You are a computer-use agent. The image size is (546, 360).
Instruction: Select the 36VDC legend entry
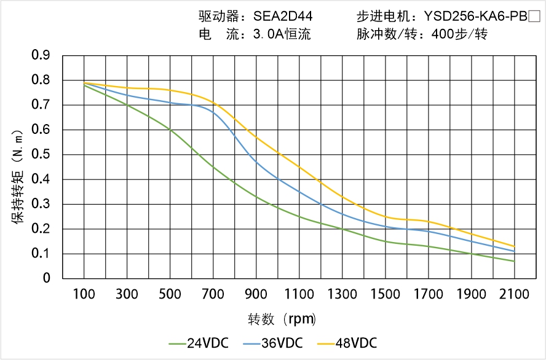[x=281, y=343]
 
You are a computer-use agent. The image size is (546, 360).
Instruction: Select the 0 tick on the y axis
[x=47, y=278]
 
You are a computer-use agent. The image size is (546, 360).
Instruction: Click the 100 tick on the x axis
[x=84, y=294]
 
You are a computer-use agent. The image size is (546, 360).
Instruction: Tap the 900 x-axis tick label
[x=256, y=294]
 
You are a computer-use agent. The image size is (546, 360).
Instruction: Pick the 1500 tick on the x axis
[x=385, y=294]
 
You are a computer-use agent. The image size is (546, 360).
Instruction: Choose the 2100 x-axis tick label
[x=514, y=294]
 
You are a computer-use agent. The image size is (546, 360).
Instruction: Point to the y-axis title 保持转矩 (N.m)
[x=18, y=176]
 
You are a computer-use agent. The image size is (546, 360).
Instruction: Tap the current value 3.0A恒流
[x=282, y=34]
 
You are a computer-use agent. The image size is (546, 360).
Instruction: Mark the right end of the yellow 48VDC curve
[x=514, y=246]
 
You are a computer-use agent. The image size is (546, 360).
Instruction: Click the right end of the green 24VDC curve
[x=514, y=261]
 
